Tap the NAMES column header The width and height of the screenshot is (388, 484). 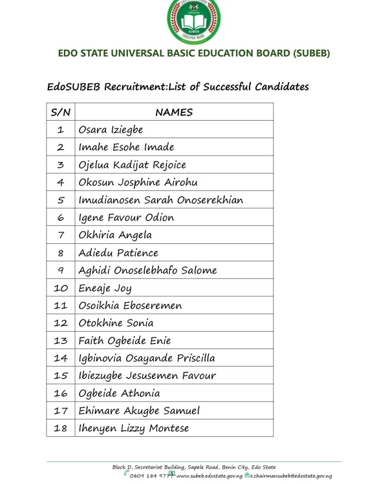(x=173, y=112)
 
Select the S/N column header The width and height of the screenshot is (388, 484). (x=60, y=112)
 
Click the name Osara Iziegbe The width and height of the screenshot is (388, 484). (x=111, y=130)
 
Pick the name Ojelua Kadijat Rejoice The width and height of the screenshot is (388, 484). (x=132, y=165)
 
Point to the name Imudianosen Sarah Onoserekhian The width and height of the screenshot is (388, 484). (x=160, y=200)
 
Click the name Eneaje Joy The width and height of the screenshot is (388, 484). (x=105, y=288)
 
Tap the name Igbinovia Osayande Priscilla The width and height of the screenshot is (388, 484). (x=147, y=358)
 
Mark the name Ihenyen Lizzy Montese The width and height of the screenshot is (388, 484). (x=133, y=428)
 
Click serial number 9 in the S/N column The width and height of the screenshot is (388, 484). (x=60, y=270)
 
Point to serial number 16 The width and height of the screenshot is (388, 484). (x=60, y=393)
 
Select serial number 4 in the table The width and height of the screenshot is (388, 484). (x=60, y=183)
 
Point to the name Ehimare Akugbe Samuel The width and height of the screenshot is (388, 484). (x=139, y=410)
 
